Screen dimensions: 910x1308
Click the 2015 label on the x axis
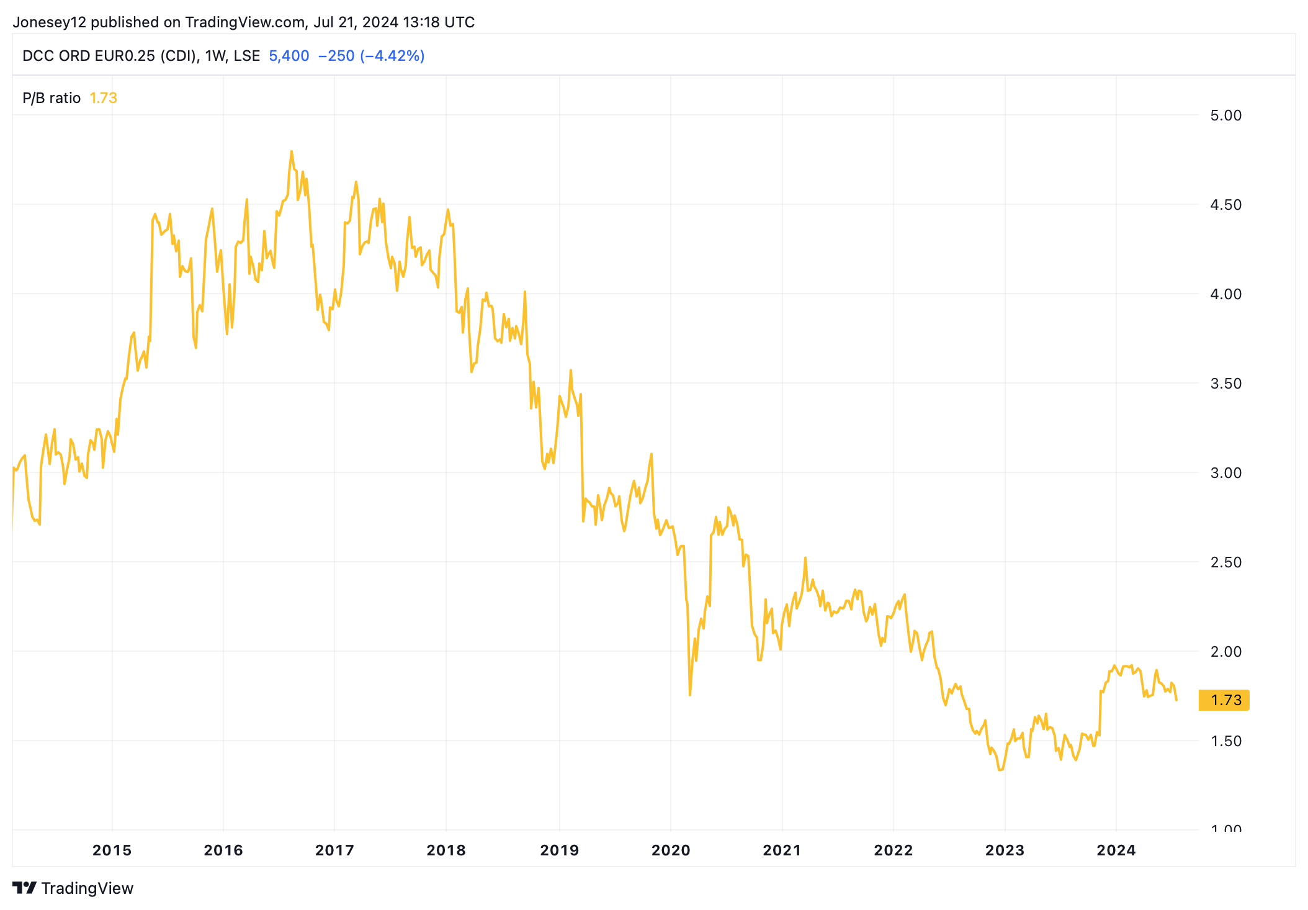point(112,850)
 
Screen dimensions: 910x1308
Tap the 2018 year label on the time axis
point(446,850)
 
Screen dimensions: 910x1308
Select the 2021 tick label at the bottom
point(782,850)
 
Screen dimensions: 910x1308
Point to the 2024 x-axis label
point(1116,850)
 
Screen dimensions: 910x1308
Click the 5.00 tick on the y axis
point(1225,115)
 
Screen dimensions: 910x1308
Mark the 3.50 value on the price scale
point(1225,384)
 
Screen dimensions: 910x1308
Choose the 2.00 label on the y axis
point(1225,652)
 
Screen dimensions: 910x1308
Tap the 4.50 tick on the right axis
point(1225,205)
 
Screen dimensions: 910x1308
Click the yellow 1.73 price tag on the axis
point(1225,700)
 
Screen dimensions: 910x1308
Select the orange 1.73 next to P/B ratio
point(103,98)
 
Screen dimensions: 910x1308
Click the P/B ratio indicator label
point(52,98)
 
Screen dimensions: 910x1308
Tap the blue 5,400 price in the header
point(289,56)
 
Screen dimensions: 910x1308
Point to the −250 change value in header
point(336,56)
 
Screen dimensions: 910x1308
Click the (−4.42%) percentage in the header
point(392,56)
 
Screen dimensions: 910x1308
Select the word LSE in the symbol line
point(246,56)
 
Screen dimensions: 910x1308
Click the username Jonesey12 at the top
point(50,22)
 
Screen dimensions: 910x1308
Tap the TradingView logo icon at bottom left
point(25,888)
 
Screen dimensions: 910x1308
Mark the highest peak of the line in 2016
point(291,151)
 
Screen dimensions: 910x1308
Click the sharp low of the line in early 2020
point(690,695)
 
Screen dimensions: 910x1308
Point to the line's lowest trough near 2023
point(1000,770)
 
